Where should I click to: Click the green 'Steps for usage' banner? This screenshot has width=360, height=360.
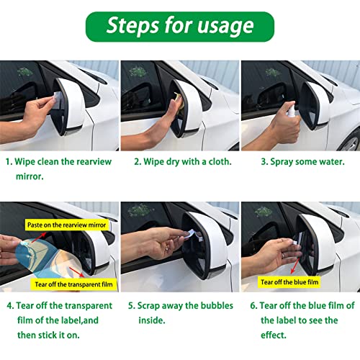180,27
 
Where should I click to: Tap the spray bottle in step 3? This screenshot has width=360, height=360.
292,113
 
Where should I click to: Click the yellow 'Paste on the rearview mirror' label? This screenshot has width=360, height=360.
66,225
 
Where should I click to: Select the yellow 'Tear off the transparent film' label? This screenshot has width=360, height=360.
73,284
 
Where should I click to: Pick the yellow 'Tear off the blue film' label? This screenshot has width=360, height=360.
289,282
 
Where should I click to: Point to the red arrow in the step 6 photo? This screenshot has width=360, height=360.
295,266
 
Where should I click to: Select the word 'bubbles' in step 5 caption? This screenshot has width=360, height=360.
217,305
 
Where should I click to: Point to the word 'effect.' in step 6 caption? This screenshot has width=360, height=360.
274,335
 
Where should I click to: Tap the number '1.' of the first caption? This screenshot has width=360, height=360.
9,162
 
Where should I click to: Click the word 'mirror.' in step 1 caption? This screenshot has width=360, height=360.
30,176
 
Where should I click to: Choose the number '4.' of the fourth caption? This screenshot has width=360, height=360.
11,306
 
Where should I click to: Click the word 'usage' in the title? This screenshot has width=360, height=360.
225,26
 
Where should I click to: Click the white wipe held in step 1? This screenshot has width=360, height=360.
58,99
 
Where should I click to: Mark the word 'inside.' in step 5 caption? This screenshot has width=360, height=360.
152,320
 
